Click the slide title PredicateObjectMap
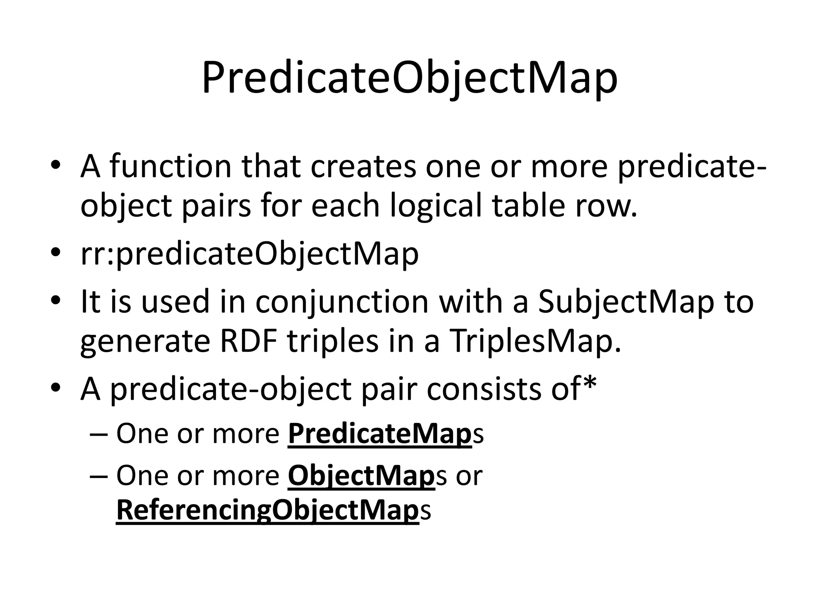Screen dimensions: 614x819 click(409, 78)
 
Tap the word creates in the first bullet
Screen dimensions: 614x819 click(363, 167)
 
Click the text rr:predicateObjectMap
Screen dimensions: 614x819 click(250, 255)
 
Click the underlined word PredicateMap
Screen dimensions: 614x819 click(380, 434)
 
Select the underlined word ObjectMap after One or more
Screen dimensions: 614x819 click(361, 476)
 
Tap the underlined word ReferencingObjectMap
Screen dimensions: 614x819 click(267, 511)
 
